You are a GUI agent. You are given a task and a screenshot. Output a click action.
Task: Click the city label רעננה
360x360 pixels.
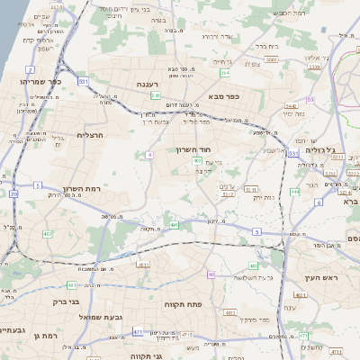147,84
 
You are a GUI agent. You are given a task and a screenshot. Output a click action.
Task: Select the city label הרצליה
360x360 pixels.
92,135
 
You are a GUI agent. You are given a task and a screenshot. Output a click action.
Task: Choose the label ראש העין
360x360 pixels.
319,277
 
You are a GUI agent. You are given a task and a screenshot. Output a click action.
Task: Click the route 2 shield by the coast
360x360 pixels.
30,69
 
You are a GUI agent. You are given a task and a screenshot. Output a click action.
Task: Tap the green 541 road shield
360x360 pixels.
156,94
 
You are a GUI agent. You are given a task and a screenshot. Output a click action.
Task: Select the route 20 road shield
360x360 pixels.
13,193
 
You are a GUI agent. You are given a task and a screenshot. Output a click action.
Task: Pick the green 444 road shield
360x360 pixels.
295,193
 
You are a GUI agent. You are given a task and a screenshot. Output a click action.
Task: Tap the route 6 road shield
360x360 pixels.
319,202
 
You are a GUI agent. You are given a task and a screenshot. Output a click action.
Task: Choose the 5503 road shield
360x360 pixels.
271,59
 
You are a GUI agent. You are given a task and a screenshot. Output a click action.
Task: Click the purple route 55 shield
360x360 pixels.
310,99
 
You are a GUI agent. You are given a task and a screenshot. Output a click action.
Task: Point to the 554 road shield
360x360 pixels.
226,72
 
